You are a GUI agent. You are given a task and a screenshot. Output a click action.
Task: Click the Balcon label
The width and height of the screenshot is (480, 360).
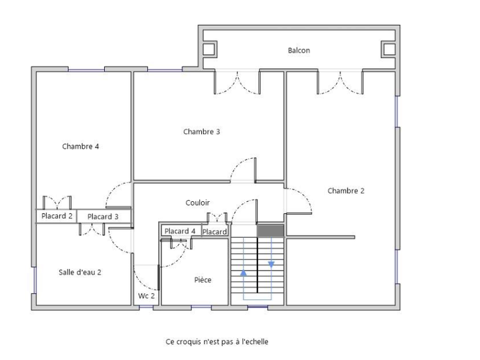(x=298, y=50)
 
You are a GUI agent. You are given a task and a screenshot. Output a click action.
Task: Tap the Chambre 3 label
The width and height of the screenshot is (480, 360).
(x=201, y=131)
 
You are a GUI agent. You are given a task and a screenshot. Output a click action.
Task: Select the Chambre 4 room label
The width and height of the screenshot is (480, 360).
(x=81, y=146)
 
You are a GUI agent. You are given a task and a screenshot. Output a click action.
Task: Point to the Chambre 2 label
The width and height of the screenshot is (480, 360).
(x=346, y=191)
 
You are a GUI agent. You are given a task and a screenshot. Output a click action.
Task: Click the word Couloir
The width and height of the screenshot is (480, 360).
(x=197, y=202)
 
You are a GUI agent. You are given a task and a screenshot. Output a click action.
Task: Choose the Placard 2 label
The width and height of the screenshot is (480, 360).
(x=57, y=216)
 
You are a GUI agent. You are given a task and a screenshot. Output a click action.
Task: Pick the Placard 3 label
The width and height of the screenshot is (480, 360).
(x=103, y=216)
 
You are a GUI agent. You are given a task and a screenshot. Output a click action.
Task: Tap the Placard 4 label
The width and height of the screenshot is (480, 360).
(x=180, y=231)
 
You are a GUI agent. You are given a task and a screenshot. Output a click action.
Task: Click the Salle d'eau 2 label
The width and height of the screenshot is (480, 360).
(x=80, y=272)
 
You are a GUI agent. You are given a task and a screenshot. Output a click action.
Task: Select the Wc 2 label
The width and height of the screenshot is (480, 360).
(x=146, y=296)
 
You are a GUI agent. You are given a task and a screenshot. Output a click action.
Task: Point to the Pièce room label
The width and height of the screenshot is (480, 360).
(x=202, y=280)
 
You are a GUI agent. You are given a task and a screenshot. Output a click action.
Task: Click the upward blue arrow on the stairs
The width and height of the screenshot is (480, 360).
(x=244, y=272)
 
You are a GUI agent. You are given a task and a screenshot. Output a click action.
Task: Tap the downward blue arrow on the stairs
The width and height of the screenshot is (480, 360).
(x=271, y=264)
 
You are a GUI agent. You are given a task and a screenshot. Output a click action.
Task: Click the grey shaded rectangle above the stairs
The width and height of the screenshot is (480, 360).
(x=271, y=231)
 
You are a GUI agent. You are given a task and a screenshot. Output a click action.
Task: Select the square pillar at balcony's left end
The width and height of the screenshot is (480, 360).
(x=209, y=48)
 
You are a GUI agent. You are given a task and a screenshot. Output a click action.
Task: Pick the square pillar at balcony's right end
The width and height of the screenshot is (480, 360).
(x=389, y=48)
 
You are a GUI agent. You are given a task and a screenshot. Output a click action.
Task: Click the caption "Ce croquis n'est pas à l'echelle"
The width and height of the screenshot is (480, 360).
(x=217, y=341)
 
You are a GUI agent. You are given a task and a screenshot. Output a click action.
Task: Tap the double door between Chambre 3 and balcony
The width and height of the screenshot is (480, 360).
(x=237, y=82)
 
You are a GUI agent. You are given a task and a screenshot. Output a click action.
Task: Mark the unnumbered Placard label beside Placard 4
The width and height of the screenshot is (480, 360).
(x=215, y=232)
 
